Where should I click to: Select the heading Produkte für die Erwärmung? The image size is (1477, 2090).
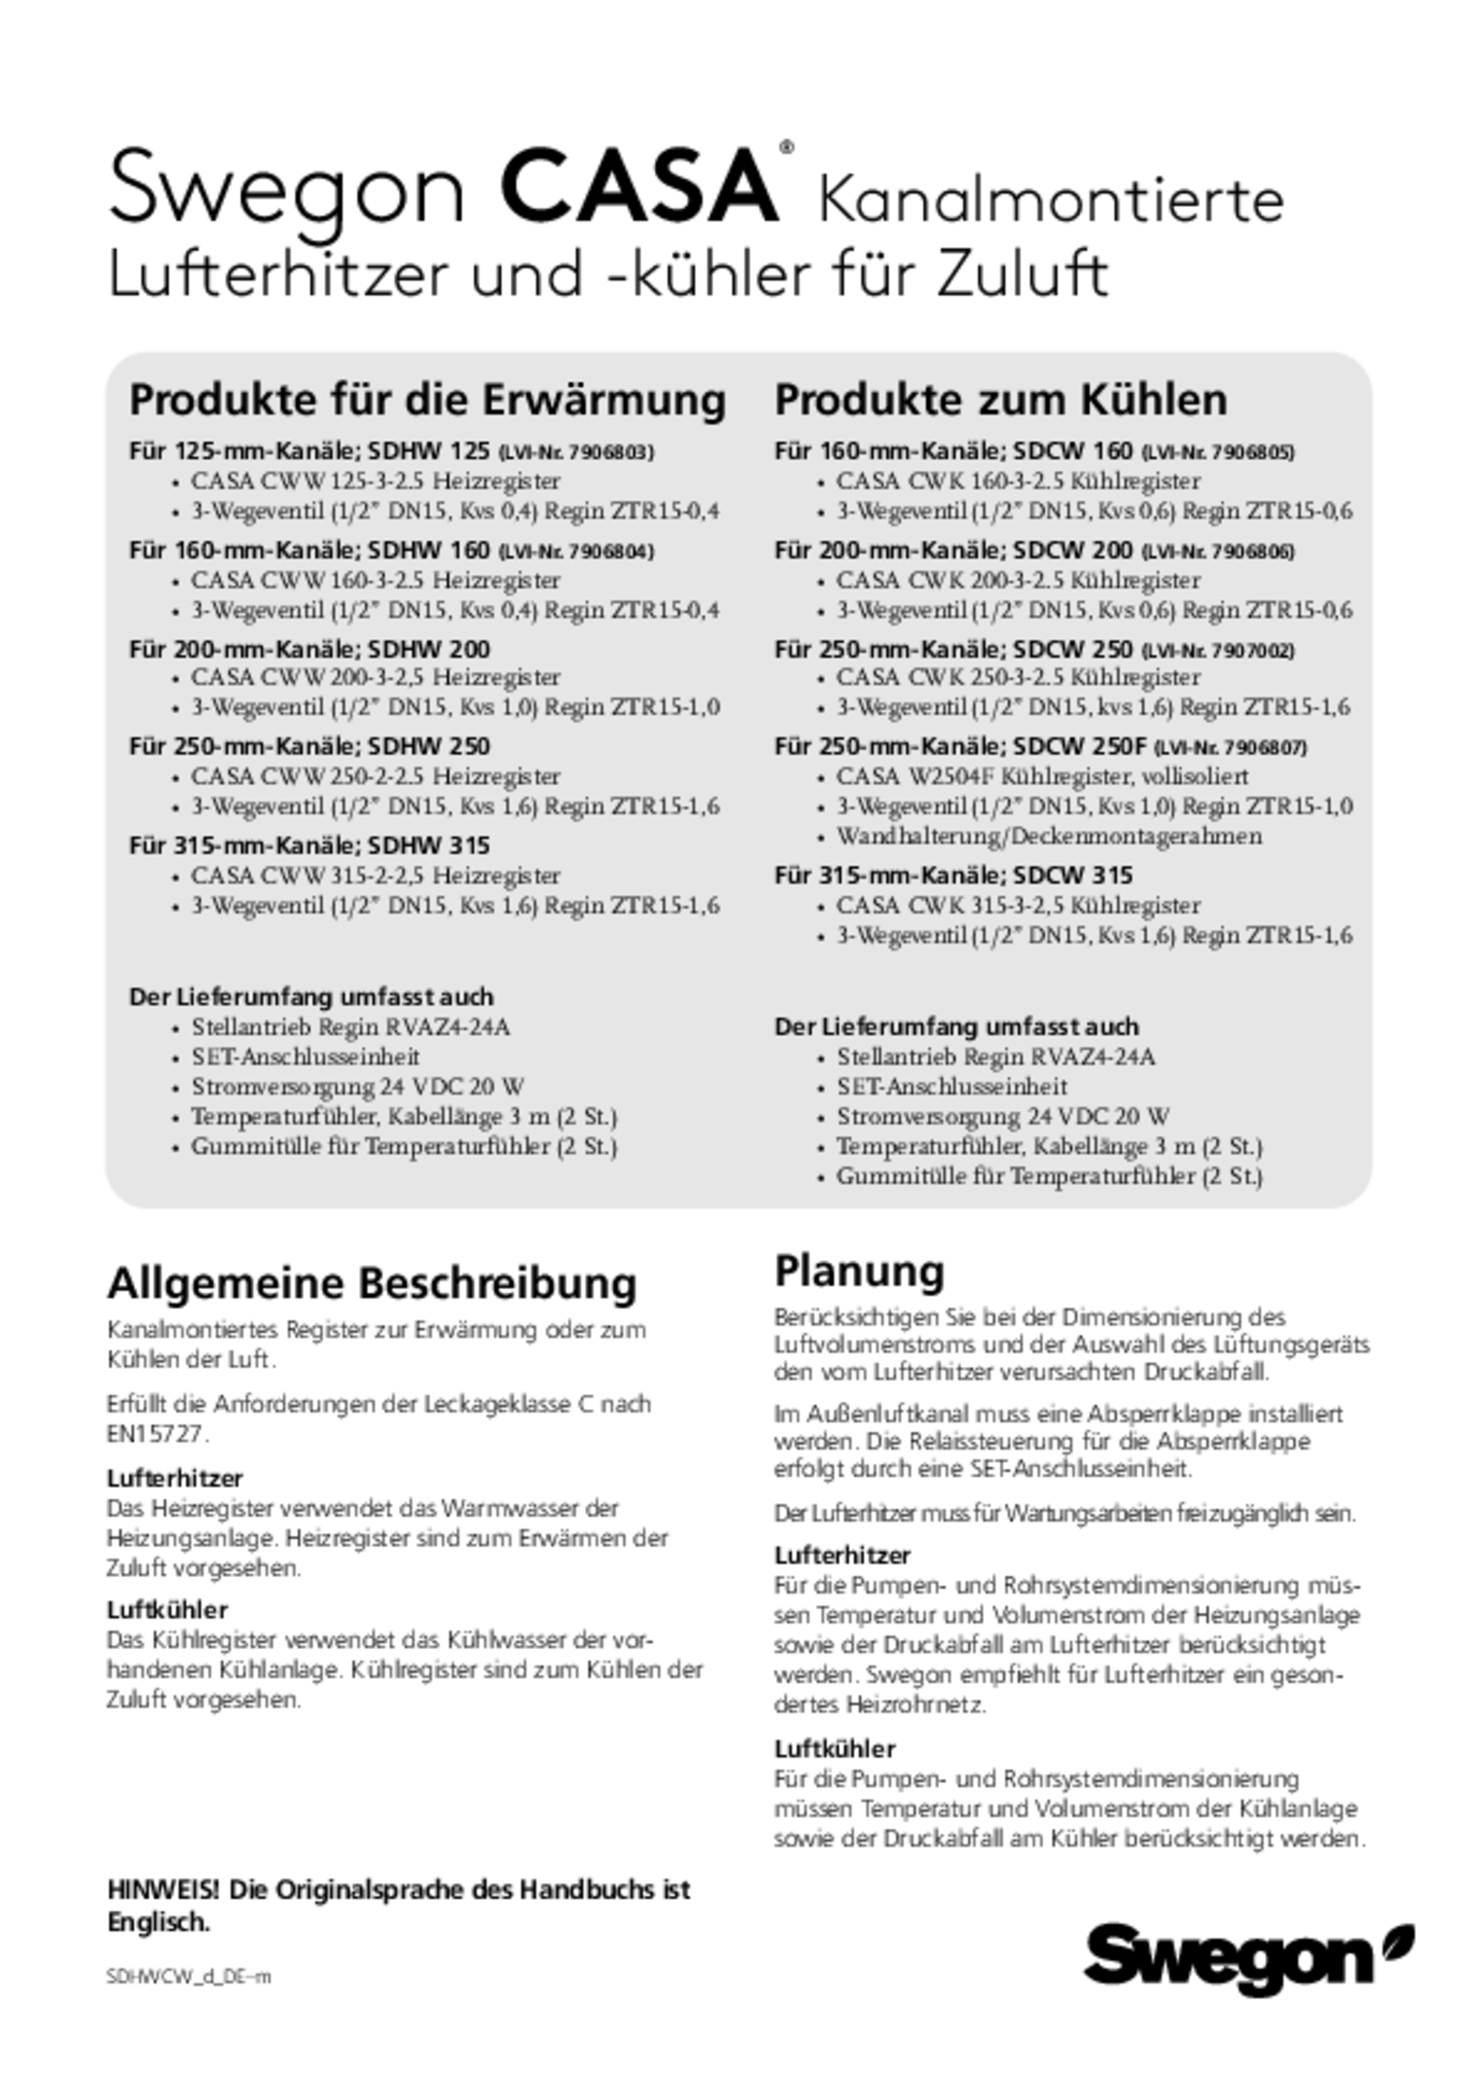point(427,400)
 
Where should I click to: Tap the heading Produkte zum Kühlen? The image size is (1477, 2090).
point(1001,400)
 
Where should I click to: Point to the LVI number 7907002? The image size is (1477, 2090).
point(1254,651)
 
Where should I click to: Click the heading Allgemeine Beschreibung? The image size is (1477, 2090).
point(372,1283)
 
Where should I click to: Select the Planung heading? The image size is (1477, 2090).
point(859,1271)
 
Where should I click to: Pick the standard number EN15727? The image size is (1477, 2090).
point(158,1435)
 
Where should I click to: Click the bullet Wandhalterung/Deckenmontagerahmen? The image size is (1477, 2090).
point(1049,836)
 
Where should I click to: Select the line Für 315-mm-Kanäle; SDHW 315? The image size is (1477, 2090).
point(309,846)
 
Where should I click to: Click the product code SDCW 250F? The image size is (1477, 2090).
point(1079,747)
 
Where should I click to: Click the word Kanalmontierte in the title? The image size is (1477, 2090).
point(1051,200)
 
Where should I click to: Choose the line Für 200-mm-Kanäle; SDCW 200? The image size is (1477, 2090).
point(953,551)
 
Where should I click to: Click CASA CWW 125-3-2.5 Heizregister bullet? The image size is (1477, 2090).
point(375,482)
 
